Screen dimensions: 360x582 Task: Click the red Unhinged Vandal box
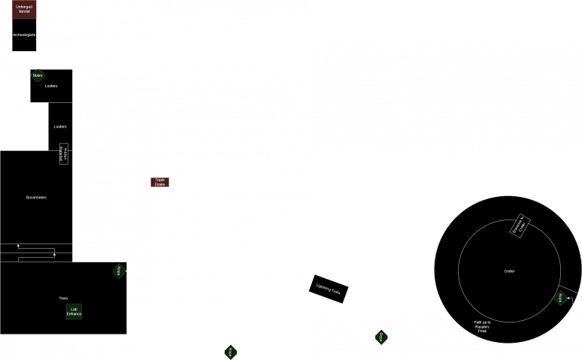pyautogui.click(x=24, y=10)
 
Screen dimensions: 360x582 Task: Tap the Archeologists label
pyautogui.click(x=24, y=35)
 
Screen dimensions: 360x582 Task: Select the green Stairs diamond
pyautogui.click(x=38, y=76)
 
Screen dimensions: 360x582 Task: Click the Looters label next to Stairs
pyautogui.click(x=51, y=86)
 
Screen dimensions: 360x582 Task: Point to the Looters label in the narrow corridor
pyautogui.click(x=60, y=126)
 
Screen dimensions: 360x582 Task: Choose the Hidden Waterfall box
pyautogui.click(x=64, y=153)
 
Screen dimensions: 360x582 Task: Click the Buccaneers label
pyautogui.click(x=36, y=197)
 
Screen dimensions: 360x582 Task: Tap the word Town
pyautogui.click(x=63, y=298)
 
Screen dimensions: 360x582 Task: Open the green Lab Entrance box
pyautogui.click(x=74, y=311)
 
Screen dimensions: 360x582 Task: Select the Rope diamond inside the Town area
pyautogui.click(x=119, y=271)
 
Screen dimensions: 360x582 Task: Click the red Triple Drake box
pyautogui.click(x=159, y=182)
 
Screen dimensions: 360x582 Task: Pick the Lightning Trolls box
pyautogui.click(x=329, y=289)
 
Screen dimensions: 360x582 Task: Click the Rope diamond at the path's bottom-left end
pyautogui.click(x=230, y=351)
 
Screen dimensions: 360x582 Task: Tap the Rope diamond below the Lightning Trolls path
pyautogui.click(x=381, y=337)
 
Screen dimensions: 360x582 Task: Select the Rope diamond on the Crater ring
pyautogui.click(x=560, y=298)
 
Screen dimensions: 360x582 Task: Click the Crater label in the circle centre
pyautogui.click(x=509, y=271)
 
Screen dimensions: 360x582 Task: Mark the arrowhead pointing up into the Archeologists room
pyautogui.click(x=25, y=54)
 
